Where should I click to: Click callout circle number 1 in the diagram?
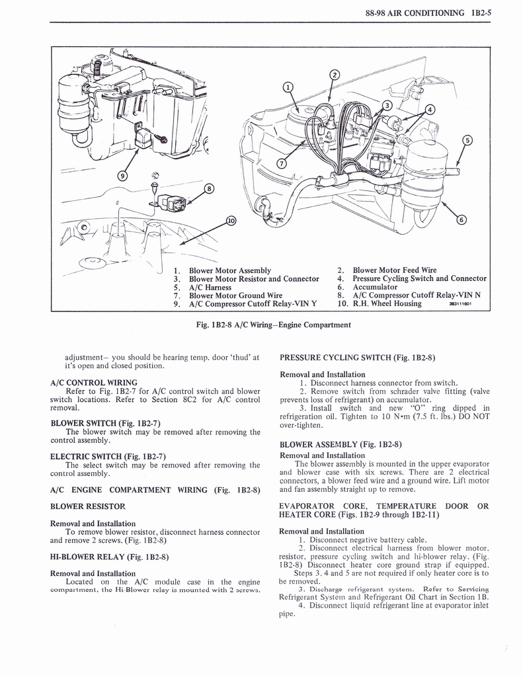tap(286, 87)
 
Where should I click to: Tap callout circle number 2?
tap(335, 74)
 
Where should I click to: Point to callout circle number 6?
tap(462, 220)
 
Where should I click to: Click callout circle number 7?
tap(282, 164)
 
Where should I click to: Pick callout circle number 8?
tap(210, 188)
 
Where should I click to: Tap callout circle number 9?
tap(122, 175)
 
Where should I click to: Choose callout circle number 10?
tap(231, 221)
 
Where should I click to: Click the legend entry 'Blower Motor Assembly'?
tap(229, 270)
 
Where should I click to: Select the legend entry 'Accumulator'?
tap(375, 287)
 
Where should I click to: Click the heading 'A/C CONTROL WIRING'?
tap(94, 382)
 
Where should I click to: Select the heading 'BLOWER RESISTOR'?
tap(88, 506)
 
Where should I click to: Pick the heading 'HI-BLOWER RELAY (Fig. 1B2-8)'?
tap(109, 557)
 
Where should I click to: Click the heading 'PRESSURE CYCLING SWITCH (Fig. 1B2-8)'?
tap(357, 358)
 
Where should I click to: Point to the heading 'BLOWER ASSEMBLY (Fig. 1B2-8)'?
tap(341, 444)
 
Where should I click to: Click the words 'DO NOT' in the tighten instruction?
tap(473, 417)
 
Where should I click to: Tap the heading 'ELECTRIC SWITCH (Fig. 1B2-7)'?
tap(108, 456)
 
